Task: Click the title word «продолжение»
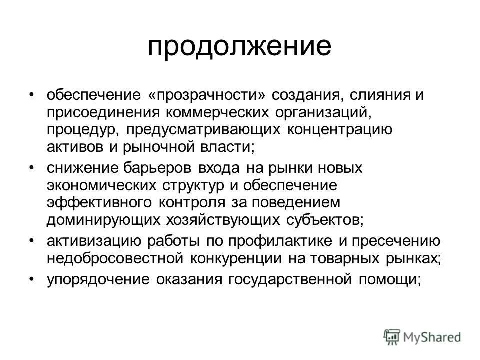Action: coord(239,47)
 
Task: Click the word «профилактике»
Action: coord(282,241)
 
